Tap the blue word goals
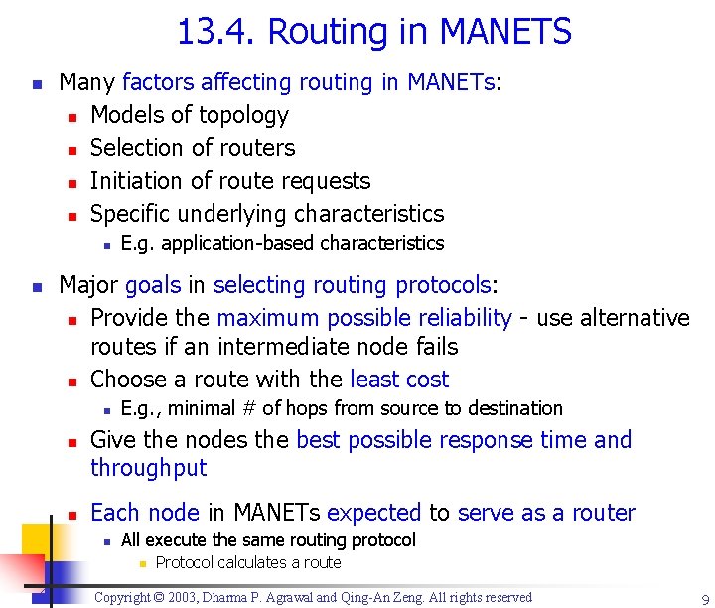[x=153, y=286]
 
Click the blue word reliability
[x=463, y=318]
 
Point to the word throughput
[x=148, y=468]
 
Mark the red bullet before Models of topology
[x=71, y=117]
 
